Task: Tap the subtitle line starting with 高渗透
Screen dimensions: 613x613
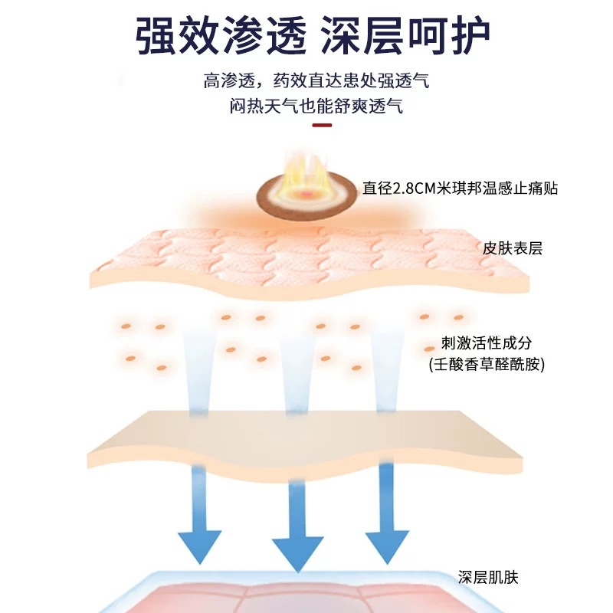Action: [316, 81]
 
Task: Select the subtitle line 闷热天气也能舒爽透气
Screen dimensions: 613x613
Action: [316, 106]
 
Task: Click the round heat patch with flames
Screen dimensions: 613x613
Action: [305, 190]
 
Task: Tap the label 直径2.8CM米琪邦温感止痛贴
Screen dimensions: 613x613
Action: [460, 188]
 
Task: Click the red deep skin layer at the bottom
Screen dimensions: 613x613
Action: [306, 598]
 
